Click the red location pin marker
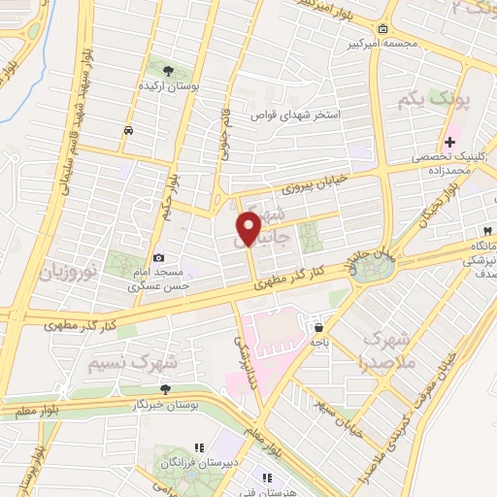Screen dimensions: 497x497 248,228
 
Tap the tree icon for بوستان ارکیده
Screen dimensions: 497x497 170,71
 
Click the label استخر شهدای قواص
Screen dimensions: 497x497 305,115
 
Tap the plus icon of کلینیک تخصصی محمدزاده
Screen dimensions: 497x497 450,143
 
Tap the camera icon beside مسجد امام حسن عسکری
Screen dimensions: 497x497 157,232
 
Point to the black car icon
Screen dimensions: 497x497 128,130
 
